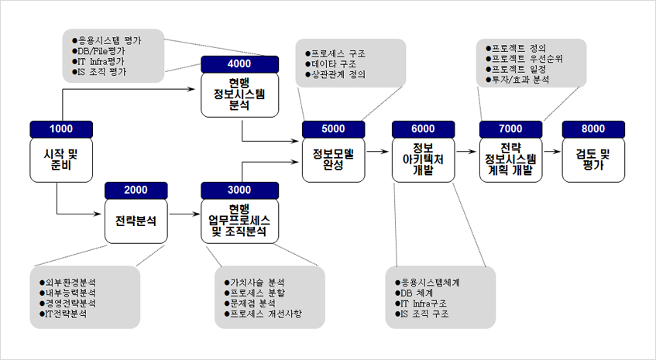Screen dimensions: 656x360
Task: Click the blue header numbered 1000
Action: pos(61,129)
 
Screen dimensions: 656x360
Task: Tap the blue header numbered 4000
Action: pos(240,64)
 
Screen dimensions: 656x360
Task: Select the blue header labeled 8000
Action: pos(593,129)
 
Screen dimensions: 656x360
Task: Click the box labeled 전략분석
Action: pos(136,221)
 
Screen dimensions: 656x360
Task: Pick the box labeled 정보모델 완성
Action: pos(334,160)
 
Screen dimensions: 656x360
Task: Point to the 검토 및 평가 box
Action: pos(593,160)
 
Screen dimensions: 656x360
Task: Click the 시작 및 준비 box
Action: pos(61,160)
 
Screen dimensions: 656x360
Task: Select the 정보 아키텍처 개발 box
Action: pos(424,160)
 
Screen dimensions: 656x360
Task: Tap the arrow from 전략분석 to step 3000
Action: pos(185,214)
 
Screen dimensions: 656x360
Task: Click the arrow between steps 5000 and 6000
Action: pos(378,152)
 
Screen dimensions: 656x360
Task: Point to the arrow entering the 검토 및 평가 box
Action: pos(551,152)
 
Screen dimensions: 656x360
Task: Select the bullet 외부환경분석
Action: pos(67,283)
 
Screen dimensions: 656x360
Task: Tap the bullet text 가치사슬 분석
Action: pos(254,283)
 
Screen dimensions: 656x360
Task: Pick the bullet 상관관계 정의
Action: pos(335,74)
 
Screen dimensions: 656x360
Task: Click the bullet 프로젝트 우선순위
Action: pos(524,59)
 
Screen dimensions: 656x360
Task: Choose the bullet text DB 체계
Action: pos(414,293)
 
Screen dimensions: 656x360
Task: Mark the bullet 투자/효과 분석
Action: pos(517,80)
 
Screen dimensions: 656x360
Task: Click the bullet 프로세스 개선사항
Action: pos(263,314)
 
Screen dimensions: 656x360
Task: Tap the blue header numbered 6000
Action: pos(424,129)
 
